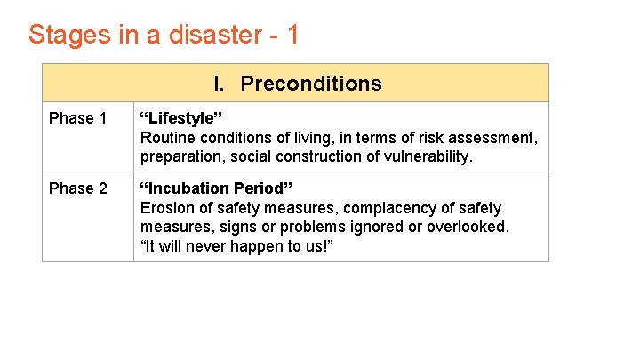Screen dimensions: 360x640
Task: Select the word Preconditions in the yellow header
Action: tap(311, 84)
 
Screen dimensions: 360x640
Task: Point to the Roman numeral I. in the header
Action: tap(220, 84)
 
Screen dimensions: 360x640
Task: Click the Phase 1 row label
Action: tap(78, 118)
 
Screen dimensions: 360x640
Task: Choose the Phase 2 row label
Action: tap(78, 188)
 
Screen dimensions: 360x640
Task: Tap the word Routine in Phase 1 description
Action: tap(168, 138)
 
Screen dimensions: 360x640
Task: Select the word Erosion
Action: tap(168, 208)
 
